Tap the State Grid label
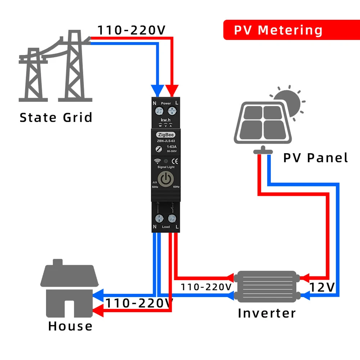[x=56, y=118]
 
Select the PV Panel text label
[x=316, y=158]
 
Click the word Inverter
[x=267, y=313]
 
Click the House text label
[x=71, y=326]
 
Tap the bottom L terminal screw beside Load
[x=172, y=218]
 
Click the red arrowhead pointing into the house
[x=98, y=311]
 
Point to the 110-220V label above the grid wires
[x=132, y=30]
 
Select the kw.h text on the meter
[x=166, y=119]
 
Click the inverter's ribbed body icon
[x=266, y=286]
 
